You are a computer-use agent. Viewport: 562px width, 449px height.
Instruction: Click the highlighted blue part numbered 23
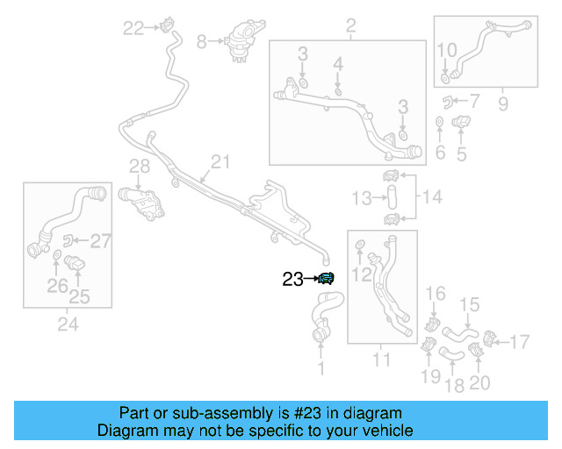326,279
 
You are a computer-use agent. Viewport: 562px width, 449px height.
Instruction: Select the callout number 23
292,280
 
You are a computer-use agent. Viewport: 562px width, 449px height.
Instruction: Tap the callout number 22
133,29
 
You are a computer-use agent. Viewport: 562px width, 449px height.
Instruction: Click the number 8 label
201,40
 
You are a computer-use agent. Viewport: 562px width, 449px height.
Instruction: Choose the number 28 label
140,166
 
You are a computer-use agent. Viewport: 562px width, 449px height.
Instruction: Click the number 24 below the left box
68,324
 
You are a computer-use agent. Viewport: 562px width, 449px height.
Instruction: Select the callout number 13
363,199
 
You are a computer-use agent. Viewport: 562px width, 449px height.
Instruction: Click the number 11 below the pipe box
382,359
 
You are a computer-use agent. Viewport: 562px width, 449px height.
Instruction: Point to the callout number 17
521,340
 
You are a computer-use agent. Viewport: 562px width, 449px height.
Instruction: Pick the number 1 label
321,369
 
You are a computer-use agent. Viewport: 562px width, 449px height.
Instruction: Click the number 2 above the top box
350,26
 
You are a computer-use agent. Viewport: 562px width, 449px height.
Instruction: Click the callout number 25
79,296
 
